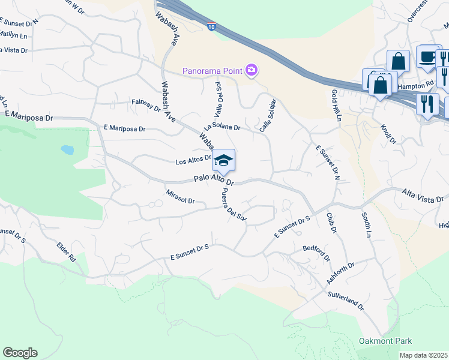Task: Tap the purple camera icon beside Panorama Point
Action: tap(252, 71)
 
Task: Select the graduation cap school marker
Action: tap(223, 160)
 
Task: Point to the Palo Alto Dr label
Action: tap(213, 180)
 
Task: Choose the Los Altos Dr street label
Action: tap(193, 161)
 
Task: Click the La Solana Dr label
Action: tap(221, 127)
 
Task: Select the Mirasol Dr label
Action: tap(180, 197)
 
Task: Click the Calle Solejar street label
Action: tap(267, 115)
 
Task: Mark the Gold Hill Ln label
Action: tap(335, 106)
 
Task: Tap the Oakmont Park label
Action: tap(385, 341)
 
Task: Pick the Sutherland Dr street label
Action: tap(345, 301)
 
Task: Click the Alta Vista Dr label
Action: tap(422, 198)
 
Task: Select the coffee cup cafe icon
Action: tap(427, 57)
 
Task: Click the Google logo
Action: tap(20, 353)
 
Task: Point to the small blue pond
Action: tap(67, 149)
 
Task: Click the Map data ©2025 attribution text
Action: tap(423, 355)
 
